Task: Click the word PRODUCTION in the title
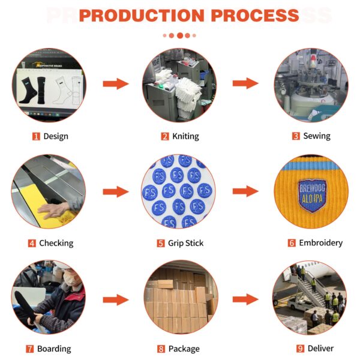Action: pos(142,16)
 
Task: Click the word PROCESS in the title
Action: pos(255,16)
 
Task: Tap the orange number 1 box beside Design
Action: pos(36,136)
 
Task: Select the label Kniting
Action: pos(185,136)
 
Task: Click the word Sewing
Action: pos(317,136)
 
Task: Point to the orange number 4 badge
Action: pos(32,244)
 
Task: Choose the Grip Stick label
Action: pos(185,243)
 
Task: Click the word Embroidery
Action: pos(321,242)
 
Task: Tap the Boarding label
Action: pos(54,349)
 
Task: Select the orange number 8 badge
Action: pos(161,349)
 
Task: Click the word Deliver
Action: pos(320,348)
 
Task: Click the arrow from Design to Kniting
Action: pos(116,83)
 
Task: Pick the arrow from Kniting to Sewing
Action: pos(245,83)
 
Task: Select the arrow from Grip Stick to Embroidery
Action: pos(245,191)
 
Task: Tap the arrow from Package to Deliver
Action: pos(245,299)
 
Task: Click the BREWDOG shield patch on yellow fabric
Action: pos(312,196)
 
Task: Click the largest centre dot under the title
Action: pos(180,35)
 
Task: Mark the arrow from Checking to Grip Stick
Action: pos(116,192)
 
